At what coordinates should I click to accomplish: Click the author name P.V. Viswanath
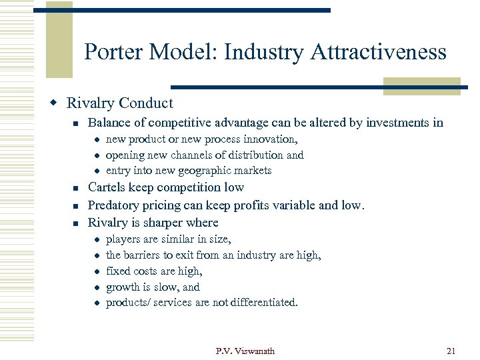tap(245, 351)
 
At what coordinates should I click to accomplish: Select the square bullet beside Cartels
tap(77, 189)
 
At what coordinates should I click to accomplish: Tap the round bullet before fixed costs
tap(97, 272)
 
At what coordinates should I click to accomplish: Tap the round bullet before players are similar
tap(97, 240)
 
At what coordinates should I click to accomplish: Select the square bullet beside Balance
tap(77, 123)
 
